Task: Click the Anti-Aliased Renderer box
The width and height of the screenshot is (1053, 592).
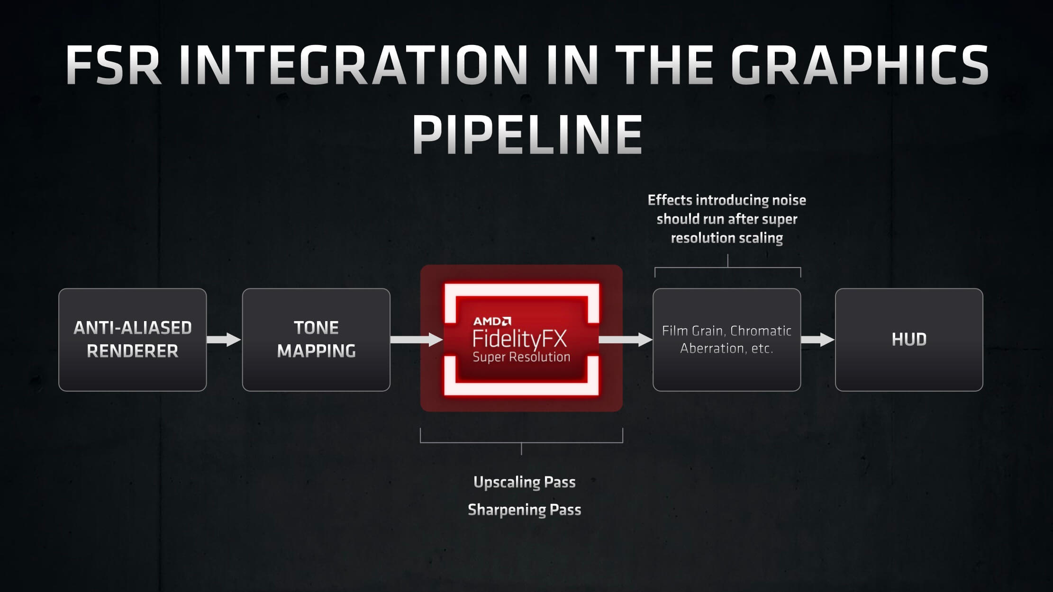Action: point(133,340)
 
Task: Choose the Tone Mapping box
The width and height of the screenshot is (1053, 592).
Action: point(316,340)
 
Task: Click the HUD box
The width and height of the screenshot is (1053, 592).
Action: point(909,340)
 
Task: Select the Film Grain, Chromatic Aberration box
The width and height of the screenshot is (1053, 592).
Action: point(727,340)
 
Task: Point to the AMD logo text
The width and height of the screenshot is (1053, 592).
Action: point(492,322)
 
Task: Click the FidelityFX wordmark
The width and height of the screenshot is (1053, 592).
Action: point(519,339)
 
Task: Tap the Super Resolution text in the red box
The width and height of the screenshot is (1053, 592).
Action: point(521,357)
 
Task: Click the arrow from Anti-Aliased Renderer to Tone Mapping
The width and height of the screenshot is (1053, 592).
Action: point(224,340)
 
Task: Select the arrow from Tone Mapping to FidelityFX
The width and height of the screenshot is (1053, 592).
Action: point(417,340)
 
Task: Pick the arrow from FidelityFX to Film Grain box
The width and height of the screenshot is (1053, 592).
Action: point(626,340)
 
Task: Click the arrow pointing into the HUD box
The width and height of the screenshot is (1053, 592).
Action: point(818,340)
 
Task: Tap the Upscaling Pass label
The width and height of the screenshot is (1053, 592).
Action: point(525,482)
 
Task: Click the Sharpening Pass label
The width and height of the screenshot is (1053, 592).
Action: point(525,510)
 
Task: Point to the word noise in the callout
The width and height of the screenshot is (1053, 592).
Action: point(789,200)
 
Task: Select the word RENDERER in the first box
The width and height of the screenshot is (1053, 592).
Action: point(133,351)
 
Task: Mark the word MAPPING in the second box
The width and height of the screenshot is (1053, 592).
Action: point(316,351)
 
